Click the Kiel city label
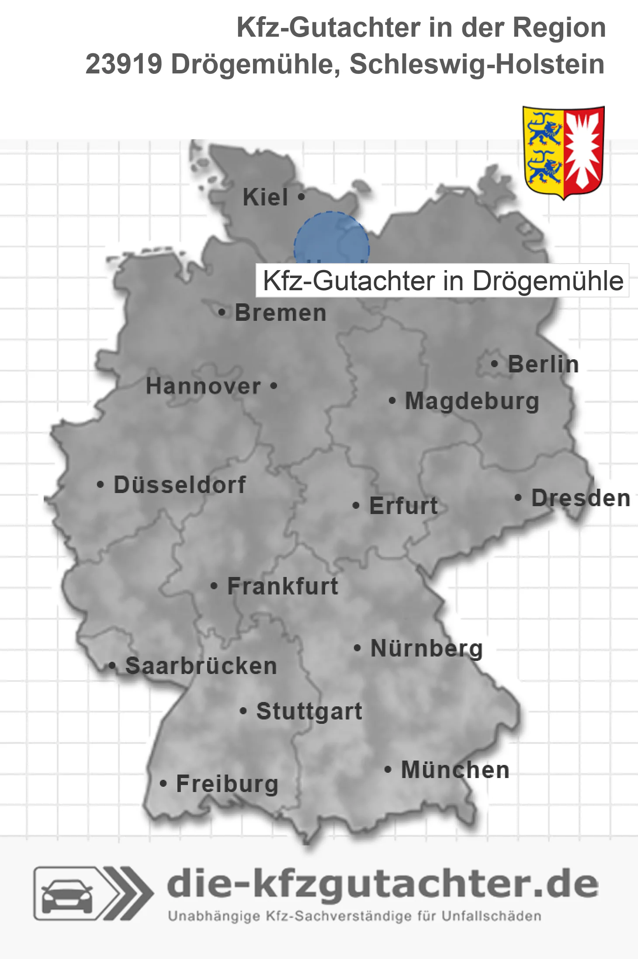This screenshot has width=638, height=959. (265, 197)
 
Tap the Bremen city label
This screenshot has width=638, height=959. (281, 313)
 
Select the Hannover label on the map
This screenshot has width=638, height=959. (203, 386)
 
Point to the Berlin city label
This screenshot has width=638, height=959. (543, 365)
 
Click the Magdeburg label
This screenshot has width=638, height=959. (472, 401)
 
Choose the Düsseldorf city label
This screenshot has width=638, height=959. (180, 485)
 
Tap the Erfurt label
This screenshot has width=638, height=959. (403, 506)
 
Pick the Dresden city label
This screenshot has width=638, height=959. (581, 498)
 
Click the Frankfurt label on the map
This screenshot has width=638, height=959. (283, 586)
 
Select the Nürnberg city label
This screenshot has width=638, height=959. (426, 649)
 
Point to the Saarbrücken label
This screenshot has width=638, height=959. (201, 666)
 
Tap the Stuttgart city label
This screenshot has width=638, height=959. (309, 711)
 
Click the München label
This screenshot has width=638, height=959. (455, 770)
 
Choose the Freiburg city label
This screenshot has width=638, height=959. (227, 784)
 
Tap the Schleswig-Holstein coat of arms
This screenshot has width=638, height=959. (564, 152)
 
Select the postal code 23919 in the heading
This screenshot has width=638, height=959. (124, 64)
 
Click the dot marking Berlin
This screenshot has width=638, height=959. (495, 364)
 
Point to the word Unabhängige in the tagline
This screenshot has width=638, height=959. (214, 916)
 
